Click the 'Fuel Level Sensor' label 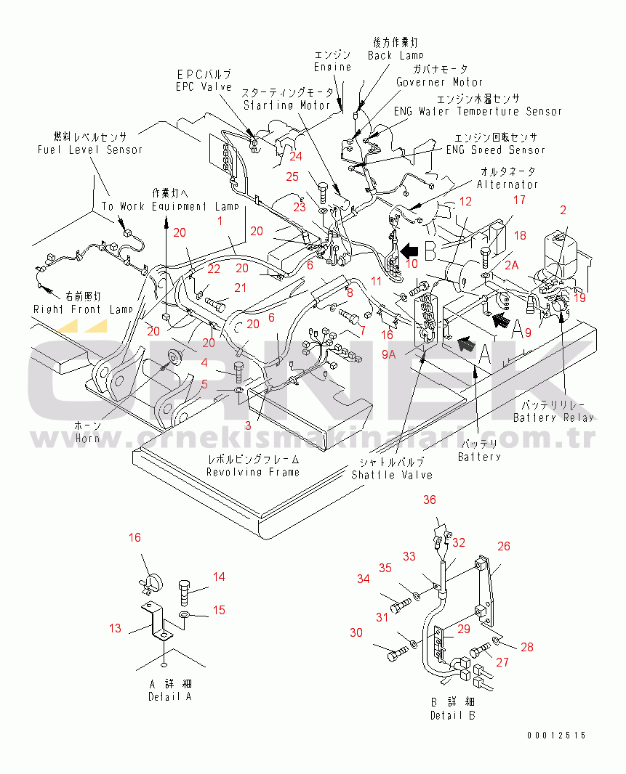(x=90, y=150)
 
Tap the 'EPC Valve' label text (x=204, y=86)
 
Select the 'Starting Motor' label (x=288, y=105)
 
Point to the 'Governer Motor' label (x=439, y=82)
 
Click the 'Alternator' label (x=507, y=184)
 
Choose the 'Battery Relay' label (x=553, y=417)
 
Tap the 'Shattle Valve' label (x=392, y=475)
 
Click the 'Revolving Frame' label (x=252, y=472)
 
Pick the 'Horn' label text (x=87, y=438)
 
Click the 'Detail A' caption (x=169, y=696)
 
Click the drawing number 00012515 (x=557, y=736)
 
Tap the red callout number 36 (x=430, y=500)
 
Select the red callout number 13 (x=116, y=629)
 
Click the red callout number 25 (x=292, y=176)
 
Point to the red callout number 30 (x=356, y=633)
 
